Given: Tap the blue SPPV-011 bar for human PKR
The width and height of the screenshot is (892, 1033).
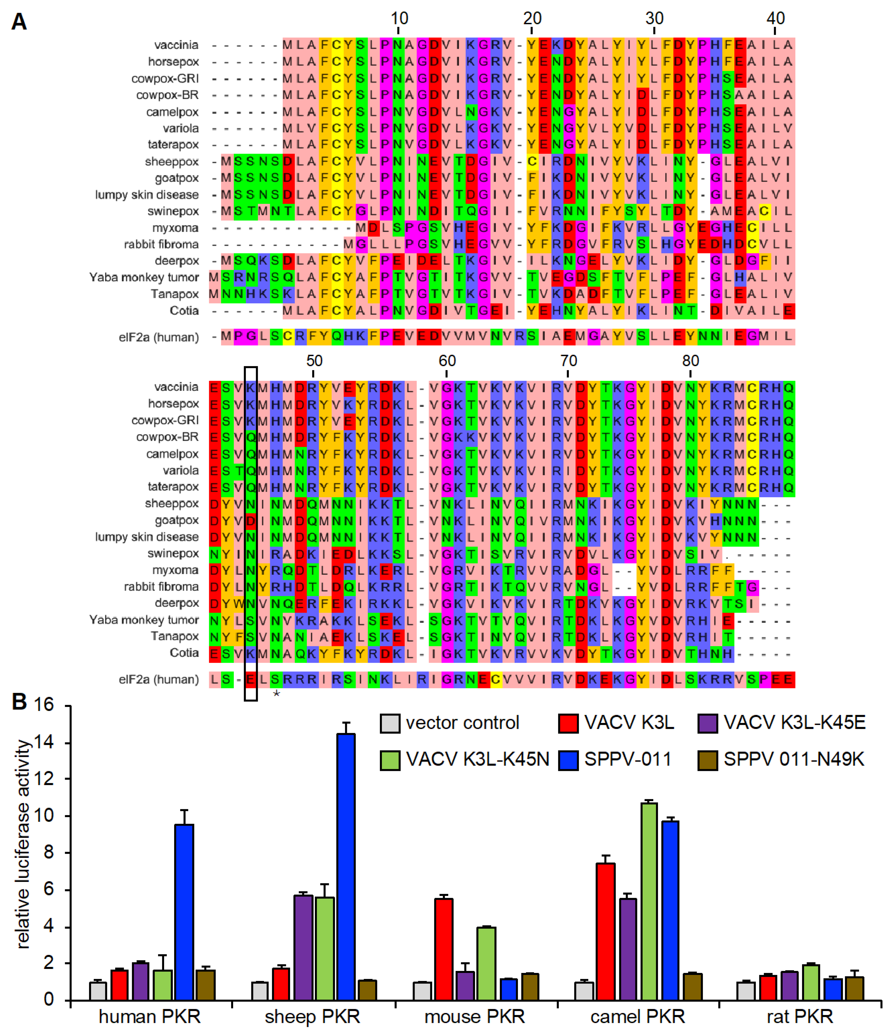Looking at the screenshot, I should [184, 912].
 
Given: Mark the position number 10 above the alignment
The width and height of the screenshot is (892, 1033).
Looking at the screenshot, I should [399, 18].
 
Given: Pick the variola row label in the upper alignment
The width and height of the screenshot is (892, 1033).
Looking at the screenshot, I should [181, 128].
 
